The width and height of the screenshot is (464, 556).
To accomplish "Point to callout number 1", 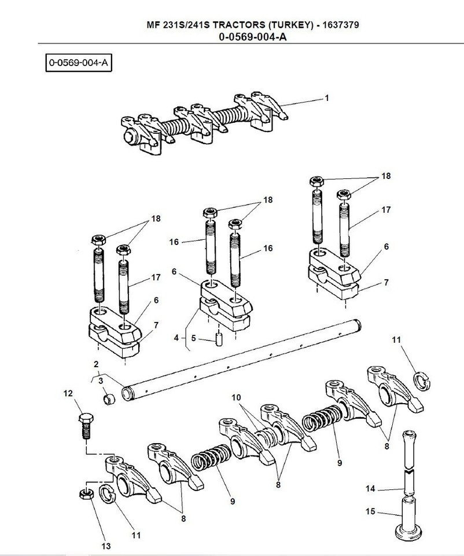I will click(327, 98).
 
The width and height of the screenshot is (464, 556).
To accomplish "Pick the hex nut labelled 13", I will click(86, 493).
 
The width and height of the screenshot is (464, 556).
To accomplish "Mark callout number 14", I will click(371, 489).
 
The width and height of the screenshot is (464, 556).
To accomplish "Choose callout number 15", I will click(371, 511).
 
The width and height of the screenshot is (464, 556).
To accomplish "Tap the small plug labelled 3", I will click(108, 399).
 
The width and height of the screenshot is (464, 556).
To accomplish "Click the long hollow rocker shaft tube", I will click(243, 359).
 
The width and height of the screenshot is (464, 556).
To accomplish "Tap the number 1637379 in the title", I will click(345, 26).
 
